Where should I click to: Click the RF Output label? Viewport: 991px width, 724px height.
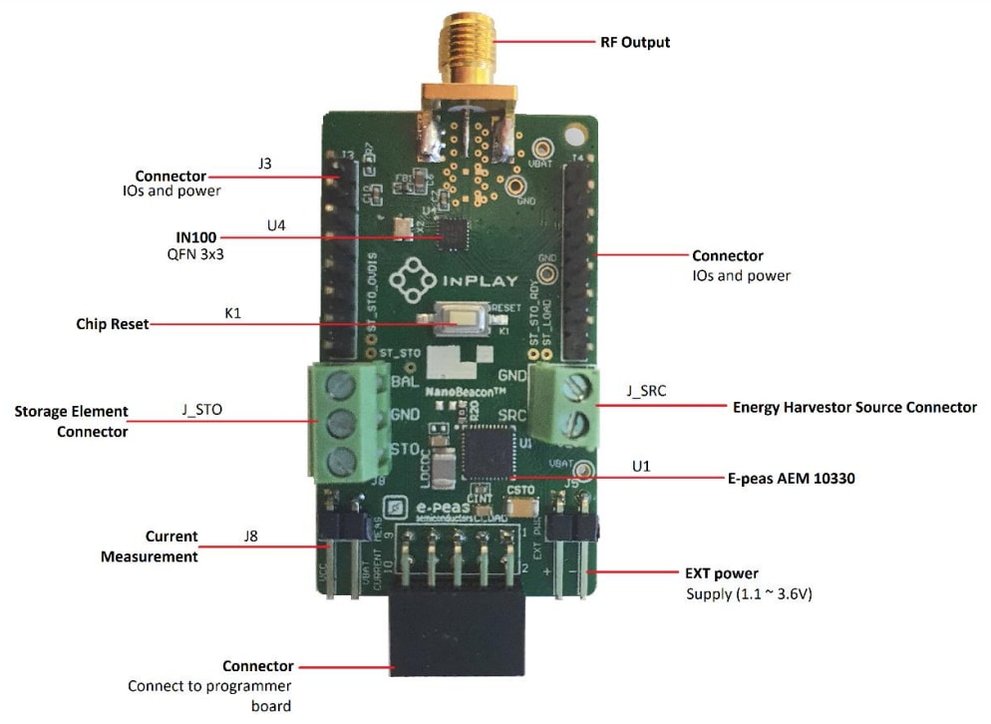pos(634,42)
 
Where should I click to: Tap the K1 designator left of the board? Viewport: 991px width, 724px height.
pos(233,313)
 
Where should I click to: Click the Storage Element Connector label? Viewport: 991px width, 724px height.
pos(71,421)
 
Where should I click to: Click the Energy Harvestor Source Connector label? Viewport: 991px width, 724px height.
pos(854,407)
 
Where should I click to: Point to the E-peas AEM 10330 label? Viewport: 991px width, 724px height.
pos(791,478)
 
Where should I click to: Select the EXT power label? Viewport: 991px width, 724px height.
pos(721,573)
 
